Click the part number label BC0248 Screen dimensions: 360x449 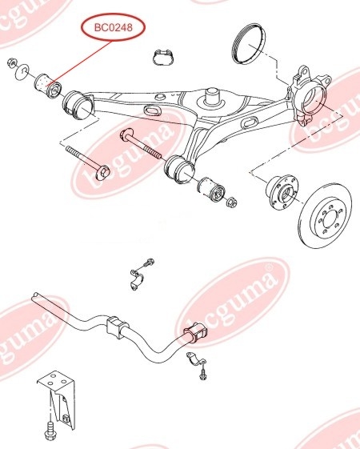point(114,27)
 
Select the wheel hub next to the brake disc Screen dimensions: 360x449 point(281,192)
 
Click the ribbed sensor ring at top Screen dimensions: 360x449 point(248,43)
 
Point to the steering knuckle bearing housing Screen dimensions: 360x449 point(310,96)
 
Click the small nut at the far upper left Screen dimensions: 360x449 point(12,62)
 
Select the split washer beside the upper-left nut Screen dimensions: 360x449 point(22,71)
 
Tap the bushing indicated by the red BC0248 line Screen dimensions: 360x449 point(48,86)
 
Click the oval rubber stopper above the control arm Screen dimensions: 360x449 point(163,58)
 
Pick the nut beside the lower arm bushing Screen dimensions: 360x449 point(231,202)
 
